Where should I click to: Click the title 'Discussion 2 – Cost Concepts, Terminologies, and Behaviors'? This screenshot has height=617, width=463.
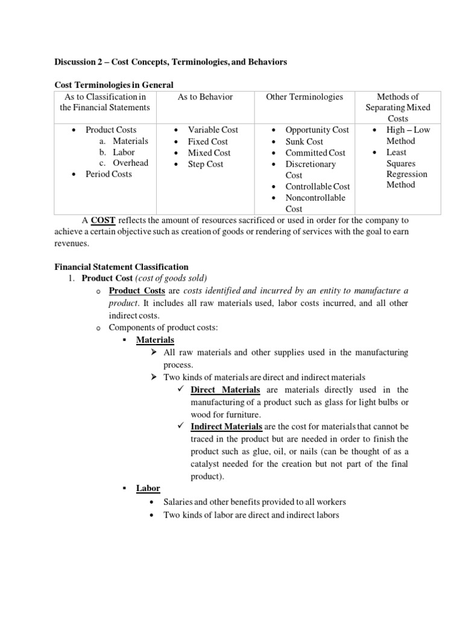tap(171, 62)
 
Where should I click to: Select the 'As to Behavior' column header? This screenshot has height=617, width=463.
tap(205, 97)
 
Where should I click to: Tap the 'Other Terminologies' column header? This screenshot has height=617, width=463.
tap(304, 97)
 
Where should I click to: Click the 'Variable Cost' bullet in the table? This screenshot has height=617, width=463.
tap(213, 130)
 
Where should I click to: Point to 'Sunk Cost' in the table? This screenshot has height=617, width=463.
tap(304, 142)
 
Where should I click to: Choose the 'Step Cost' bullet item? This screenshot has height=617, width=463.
tap(205, 164)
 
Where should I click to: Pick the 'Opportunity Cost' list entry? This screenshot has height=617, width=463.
tap(317, 130)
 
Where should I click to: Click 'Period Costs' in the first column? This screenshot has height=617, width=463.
tap(109, 174)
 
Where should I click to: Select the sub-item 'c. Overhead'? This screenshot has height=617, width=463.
tap(124, 163)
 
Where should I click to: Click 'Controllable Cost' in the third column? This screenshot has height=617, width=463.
tap(317, 187)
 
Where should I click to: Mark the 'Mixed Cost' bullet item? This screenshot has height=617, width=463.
tap(209, 153)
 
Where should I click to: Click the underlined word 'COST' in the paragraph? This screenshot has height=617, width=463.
tap(102, 221)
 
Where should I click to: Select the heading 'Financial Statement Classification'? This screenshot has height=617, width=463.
tap(121, 267)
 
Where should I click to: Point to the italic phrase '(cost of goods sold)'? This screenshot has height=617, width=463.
tap(171, 278)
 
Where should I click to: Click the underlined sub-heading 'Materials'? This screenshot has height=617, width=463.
tap(155, 340)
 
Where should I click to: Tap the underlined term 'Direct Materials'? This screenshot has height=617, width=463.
tap(225, 390)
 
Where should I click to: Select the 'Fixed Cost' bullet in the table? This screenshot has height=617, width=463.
tap(207, 142)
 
